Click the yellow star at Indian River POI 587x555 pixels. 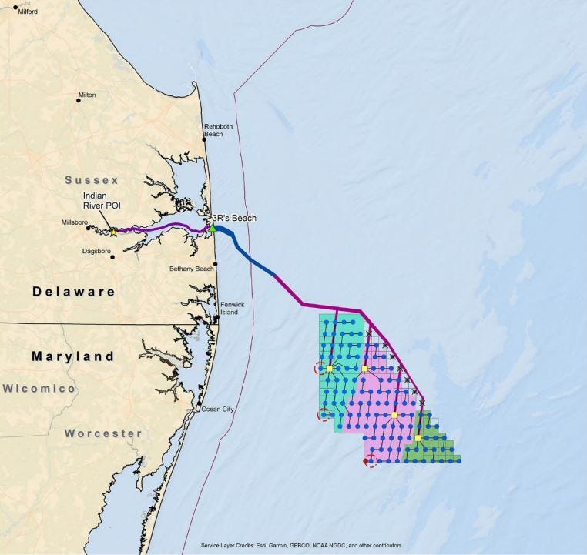pos(113,232)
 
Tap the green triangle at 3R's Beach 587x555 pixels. pos(212,228)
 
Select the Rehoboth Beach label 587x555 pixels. pos(213,129)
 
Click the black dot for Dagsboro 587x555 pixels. pos(112,257)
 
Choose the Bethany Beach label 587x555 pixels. pos(191,269)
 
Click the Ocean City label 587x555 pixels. pos(216,409)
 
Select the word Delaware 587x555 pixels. pos(73,292)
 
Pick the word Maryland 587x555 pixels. pos(73,356)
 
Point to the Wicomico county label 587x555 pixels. pos(39,389)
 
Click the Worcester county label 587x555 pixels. pos(103,433)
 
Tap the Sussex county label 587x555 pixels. pos(92,180)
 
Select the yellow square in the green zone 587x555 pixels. pos(418,438)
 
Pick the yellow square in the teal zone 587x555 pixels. pos(329,369)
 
